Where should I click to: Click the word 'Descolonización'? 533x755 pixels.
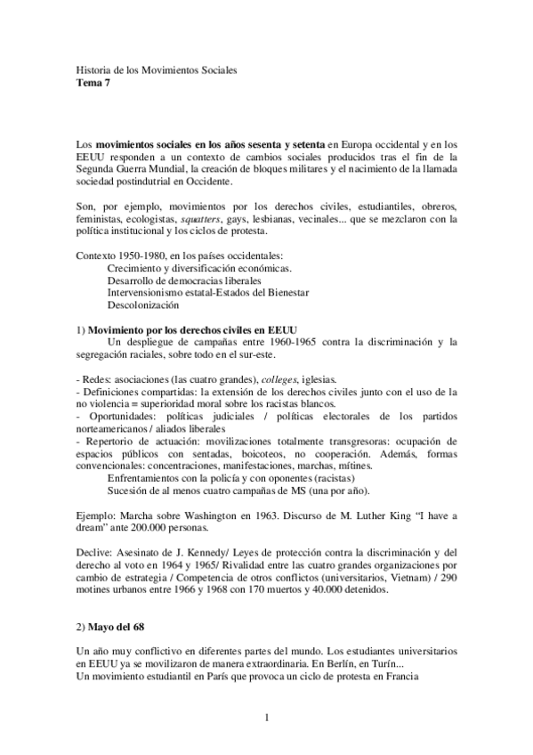click(x=144, y=305)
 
